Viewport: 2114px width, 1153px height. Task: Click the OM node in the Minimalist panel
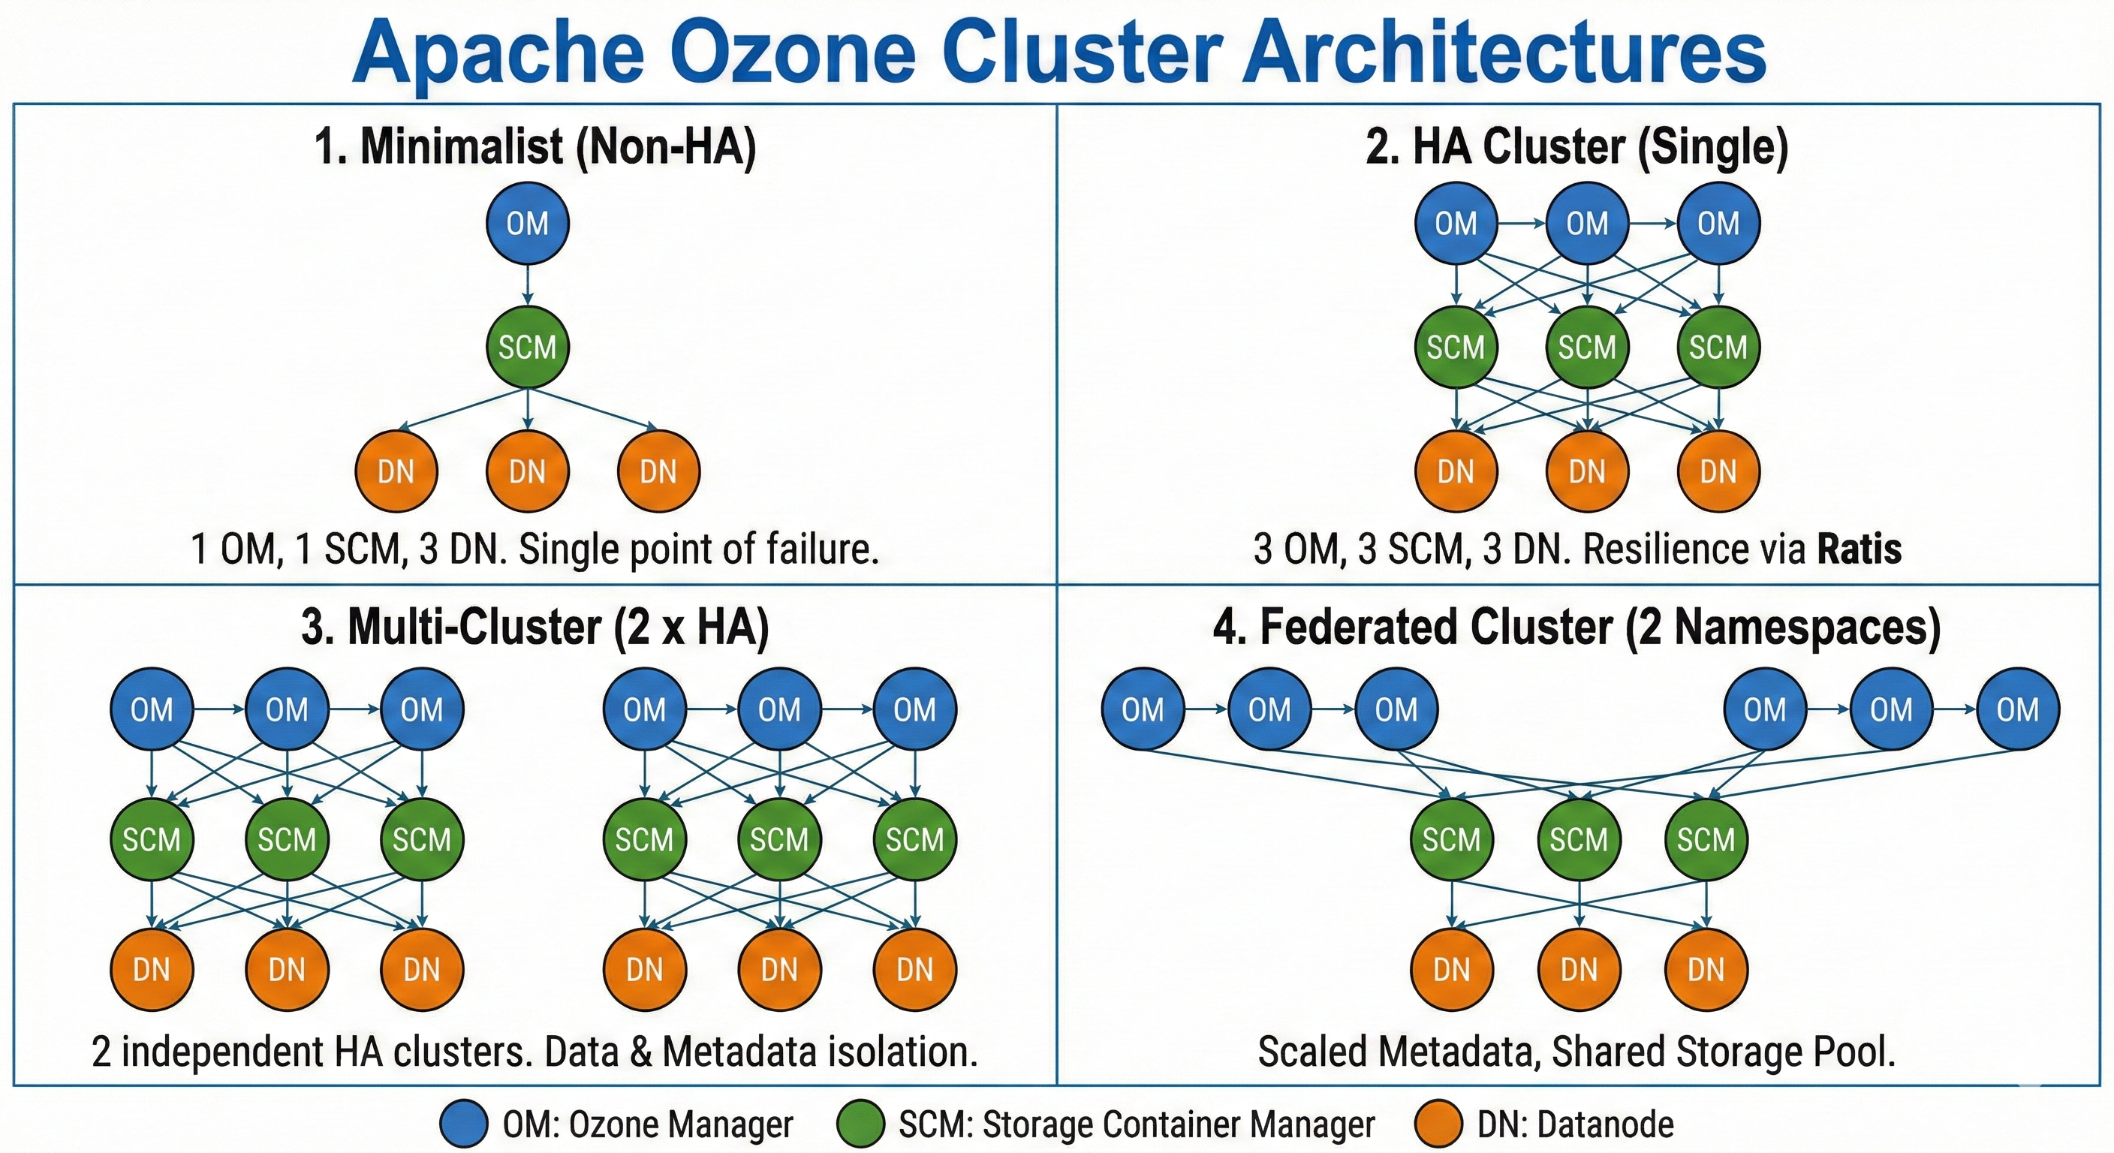tap(527, 223)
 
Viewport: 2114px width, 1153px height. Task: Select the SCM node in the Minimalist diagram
tap(527, 347)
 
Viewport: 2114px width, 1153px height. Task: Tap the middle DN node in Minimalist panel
tap(527, 472)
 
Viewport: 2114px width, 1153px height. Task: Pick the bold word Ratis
tap(1859, 549)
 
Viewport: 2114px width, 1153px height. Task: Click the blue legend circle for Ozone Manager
tap(465, 1124)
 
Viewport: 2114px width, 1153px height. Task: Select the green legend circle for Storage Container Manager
tap(860, 1124)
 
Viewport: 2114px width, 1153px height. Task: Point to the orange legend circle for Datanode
tap(1438, 1124)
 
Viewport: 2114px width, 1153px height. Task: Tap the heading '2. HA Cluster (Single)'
tap(1576, 148)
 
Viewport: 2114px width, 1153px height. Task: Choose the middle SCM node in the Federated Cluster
tap(1578, 839)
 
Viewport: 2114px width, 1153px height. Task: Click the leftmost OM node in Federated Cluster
tap(1143, 709)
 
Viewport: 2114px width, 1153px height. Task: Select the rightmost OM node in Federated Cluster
tap(2017, 709)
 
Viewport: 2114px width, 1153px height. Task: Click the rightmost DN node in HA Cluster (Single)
tap(1718, 472)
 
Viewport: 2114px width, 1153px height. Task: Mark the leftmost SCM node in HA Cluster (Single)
tap(1456, 347)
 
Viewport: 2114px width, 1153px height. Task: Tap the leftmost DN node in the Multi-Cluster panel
tap(151, 970)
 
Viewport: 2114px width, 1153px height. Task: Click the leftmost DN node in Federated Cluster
tap(1451, 970)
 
